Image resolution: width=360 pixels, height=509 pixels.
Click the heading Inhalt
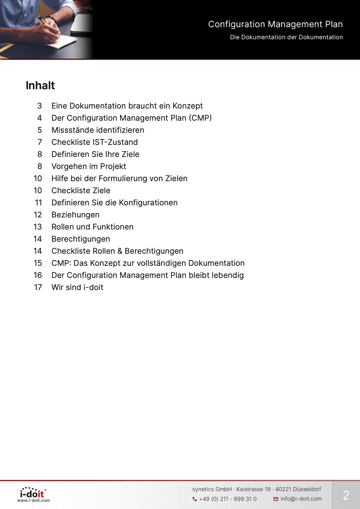[40, 86]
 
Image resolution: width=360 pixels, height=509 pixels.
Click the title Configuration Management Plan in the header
[275, 24]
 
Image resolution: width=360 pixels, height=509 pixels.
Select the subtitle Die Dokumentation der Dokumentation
[286, 37]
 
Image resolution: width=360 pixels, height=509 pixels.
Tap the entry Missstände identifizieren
[98, 130]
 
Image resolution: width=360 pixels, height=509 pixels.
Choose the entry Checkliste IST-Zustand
[94, 142]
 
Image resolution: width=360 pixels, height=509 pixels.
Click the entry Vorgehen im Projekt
[89, 166]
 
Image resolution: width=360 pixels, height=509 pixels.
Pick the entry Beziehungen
[75, 215]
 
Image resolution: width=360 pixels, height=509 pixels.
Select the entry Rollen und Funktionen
[92, 227]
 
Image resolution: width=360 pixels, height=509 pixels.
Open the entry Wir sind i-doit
[77, 287]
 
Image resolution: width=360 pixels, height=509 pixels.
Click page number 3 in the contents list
[40, 106]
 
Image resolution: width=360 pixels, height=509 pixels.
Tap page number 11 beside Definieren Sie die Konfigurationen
[38, 203]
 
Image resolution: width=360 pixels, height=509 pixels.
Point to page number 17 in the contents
[38, 287]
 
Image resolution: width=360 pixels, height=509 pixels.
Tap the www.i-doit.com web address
[33, 501]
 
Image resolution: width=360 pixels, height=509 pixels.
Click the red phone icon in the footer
[195, 499]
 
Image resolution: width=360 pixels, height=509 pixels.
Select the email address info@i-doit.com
[301, 499]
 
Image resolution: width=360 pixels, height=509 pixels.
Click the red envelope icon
[276, 499]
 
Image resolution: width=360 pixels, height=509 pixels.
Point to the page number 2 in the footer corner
[346, 495]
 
